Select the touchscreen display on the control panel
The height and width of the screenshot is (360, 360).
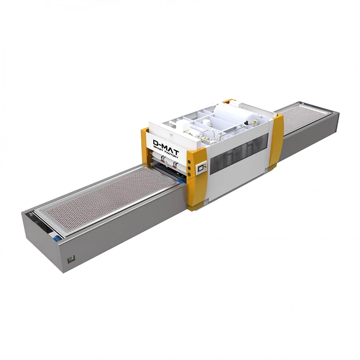pyautogui.click(x=200, y=168)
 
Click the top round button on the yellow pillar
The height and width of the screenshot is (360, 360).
pyautogui.click(x=189, y=162)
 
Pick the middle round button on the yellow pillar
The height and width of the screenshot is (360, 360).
pyautogui.click(x=189, y=168)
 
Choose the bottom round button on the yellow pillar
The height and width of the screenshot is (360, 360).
pyautogui.click(x=189, y=174)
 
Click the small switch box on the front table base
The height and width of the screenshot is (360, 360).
pyautogui.click(x=70, y=260)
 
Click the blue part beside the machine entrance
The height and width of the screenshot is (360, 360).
pyautogui.click(x=181, y=182)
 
